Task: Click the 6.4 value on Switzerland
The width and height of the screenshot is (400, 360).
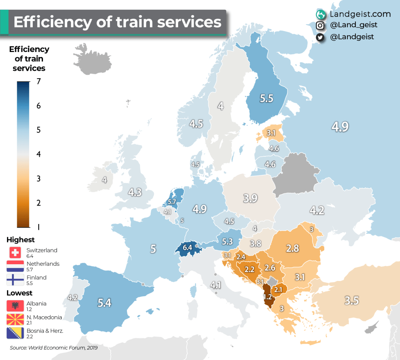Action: pyautogui.click(x=187, y=248)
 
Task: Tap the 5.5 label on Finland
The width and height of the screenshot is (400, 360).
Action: pyautogui.click(x=266, y=98)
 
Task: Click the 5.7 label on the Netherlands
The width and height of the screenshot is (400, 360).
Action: pyautogui.click(x=172, y=202)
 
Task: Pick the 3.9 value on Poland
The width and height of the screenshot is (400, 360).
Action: pyautogui.click(x=250, y=198)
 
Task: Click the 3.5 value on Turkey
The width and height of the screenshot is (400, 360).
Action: pyautogui.click(x=352, y=301)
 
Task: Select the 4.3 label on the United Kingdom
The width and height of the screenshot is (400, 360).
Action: pyautogui.click(x=135, y=192)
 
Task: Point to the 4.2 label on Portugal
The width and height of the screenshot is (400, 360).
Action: pyautogui.click(x=73, y=297)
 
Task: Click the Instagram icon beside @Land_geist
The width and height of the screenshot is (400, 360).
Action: pyautogui.click(x=320, y=25)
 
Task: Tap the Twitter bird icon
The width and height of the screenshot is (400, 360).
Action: pyautogui.click(x=320, y=37)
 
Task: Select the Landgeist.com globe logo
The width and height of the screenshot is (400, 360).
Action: pyautogui.click(x=321, y=14)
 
